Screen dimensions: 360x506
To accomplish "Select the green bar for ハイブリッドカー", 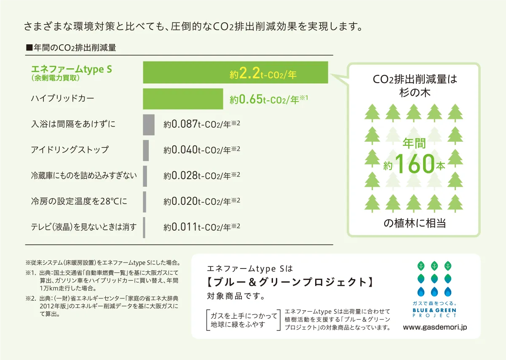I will coord(183,99).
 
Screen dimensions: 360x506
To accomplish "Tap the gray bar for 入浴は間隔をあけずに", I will coord(149,124).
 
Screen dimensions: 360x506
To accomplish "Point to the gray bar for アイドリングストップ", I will coord(146,150).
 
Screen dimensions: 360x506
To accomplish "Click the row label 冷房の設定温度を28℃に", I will coord(79,201).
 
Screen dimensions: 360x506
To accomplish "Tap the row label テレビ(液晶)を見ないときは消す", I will coord(84,227).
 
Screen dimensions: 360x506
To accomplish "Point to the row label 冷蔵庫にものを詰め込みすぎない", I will coord(84,175).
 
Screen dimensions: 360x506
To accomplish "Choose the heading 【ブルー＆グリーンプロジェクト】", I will coord(290,282).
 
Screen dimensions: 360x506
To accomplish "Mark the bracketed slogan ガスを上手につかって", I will coord(244,316).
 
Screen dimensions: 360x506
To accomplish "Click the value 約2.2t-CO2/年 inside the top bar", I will coord(263,75).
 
